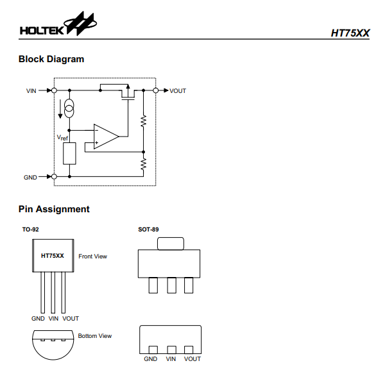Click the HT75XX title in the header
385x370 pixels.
click(350, 32)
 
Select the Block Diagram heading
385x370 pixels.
click(51, 59)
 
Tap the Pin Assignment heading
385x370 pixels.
click(54, 209)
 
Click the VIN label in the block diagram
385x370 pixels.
click(31, 91)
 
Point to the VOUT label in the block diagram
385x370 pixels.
click(178, 91)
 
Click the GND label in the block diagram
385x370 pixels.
click(31, 176)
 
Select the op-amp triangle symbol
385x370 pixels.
click(105, 137)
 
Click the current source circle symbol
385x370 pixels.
click(70, 109)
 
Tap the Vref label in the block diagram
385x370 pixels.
click(62, 138)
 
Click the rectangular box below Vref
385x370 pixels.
click(70, 154)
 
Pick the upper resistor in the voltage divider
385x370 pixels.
click(144, 120)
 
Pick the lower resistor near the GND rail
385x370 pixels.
click(144, 164)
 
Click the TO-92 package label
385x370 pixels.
click(30, 229)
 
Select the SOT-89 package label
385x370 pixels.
click(148, 229)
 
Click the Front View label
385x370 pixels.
click(93, 256)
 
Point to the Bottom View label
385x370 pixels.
click(95, 335)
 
